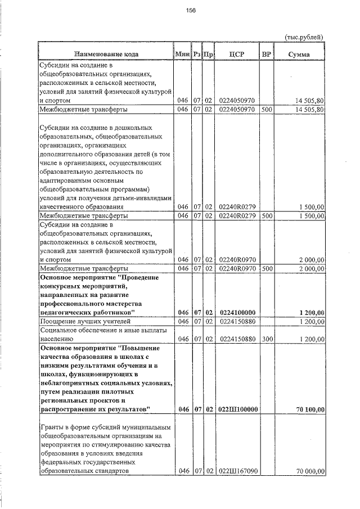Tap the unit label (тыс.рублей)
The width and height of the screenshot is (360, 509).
click(x=304, y=37)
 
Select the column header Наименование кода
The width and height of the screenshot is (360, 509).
click(x=105, y=54)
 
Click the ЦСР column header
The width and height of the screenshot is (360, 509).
click(x=236, y=54)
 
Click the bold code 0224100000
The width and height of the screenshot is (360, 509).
click(x=238, y=312)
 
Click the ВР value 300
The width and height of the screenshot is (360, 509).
click(x=266, y=339)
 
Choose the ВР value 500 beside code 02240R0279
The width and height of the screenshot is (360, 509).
click(x=266, y=215)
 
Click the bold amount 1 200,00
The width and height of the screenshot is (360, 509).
click(x=310, y=312)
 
